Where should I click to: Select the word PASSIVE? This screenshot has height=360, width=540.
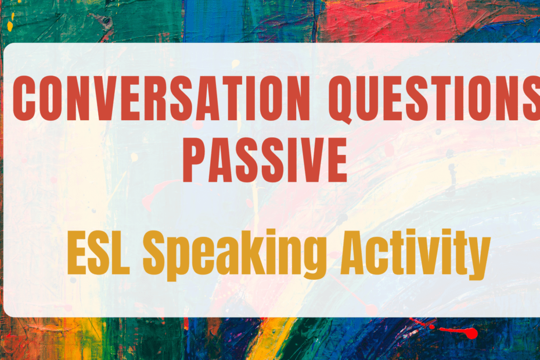pyautogui.click(x=265, y=159)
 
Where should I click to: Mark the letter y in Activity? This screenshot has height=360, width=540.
pyautogui.click(x=473, y=261)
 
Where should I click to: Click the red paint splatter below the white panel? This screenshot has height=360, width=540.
pyautogui.click(x=468, y=333)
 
